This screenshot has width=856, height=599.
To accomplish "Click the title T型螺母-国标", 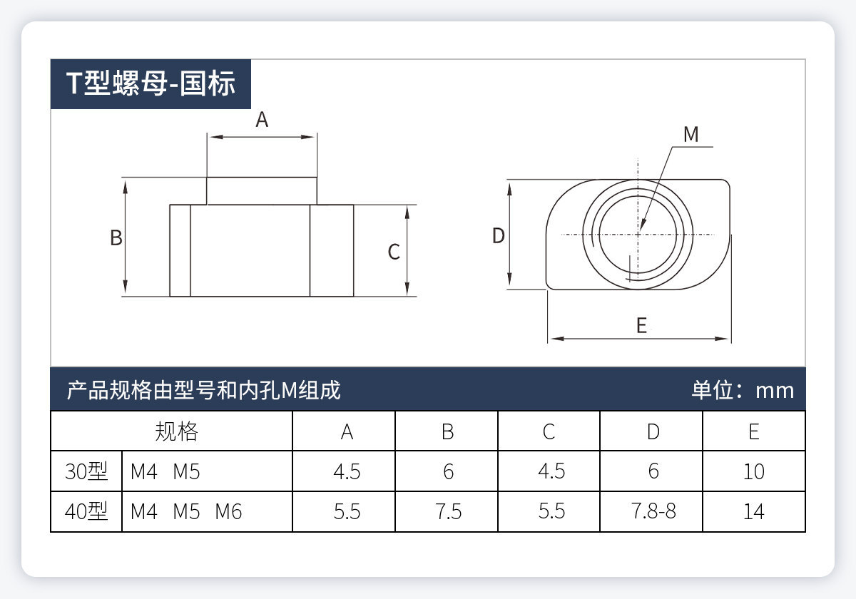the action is tap(151, 83).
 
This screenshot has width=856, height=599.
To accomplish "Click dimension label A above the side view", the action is tap(262, 120).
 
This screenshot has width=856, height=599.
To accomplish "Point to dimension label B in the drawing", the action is tap(116, 238).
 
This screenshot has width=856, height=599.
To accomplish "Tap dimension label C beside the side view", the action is tap(394, 252).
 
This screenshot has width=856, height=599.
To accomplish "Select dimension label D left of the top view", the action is tap(499, 235).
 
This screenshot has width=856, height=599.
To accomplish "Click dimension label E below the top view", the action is tap(641, 326).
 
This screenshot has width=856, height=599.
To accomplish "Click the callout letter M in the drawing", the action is tap(691, 134).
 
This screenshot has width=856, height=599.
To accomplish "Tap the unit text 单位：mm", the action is tap(743, 390).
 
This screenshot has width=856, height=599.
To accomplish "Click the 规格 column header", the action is tap(176, 431).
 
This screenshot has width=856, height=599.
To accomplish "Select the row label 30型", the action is tap(86, 471).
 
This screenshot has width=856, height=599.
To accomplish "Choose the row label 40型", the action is tap(86, 512).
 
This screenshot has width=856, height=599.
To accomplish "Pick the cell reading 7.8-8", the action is tap(653, 512).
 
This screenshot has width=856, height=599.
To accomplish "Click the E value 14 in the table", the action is tap(753, 512).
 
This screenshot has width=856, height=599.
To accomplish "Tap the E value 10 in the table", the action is tap(753, 471).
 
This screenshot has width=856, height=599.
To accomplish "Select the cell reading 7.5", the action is tap(448, 512).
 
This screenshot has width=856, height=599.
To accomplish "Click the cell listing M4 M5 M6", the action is tap(186, 512).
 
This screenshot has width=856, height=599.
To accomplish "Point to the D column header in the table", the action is tap(653, 431).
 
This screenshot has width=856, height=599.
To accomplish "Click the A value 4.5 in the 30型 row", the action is tap(347, 471).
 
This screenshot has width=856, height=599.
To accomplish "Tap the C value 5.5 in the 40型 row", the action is tap(551, 512).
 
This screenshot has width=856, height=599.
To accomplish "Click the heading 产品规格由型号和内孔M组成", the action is tap(203, 390).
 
